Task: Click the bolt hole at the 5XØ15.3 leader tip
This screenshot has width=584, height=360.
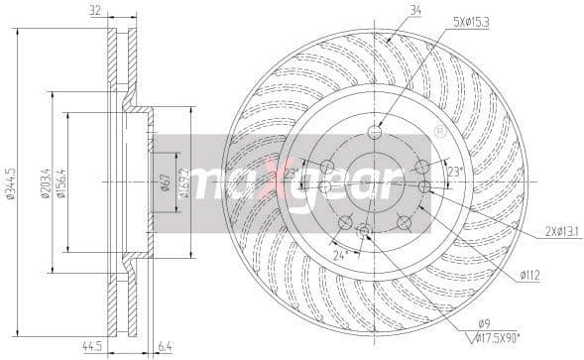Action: (374, 132)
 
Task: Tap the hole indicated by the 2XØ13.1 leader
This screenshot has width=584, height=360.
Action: (424, 186)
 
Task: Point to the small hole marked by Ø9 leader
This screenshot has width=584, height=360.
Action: (365, 231)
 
